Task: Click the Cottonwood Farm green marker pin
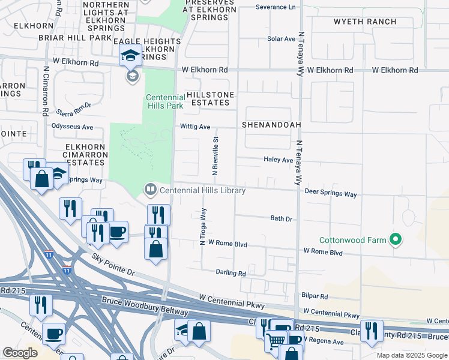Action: point(395,240)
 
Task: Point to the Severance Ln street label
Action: point(276,7)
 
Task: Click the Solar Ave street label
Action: point(282,39)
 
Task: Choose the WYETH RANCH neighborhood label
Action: point(365,22)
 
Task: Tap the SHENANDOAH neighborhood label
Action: point(271,125)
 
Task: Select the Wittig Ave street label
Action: point(196,127)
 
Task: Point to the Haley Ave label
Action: point(279,160)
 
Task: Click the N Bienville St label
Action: point(215,155)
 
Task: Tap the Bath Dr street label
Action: point(281,219)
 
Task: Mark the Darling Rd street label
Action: point(231,272)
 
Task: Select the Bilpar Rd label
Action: point(316,296)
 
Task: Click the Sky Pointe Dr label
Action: point(114,265)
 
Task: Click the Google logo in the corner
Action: point(20,353)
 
